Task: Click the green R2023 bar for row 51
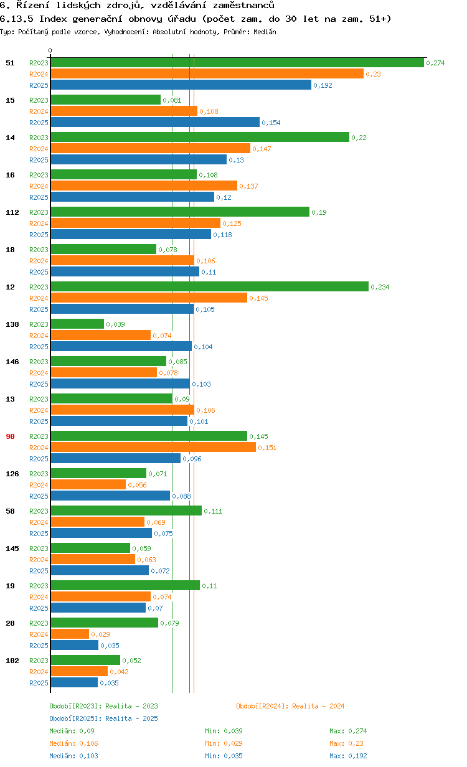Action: [x=237, y=63]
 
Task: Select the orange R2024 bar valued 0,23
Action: [x=207, y=74]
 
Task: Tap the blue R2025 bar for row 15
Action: [x=155, y=123]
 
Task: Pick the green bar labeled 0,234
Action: [x=209, y=287]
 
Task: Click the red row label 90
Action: [x=10, y=436]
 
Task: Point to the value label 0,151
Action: [x=267, y=448]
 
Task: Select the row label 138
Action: [x=12, y=324]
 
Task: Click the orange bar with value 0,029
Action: [x=70, y=634]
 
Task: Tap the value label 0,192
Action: [x=323, y=85]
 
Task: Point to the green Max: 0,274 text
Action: [x=348, y=731]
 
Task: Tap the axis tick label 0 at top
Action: [x=50, y=51]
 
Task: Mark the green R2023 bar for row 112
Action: [x=180, y=212]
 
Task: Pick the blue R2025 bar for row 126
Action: [x=110, y=496]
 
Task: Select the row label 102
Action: [x=12, y=661]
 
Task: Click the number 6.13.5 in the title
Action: [x=17, y=19]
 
